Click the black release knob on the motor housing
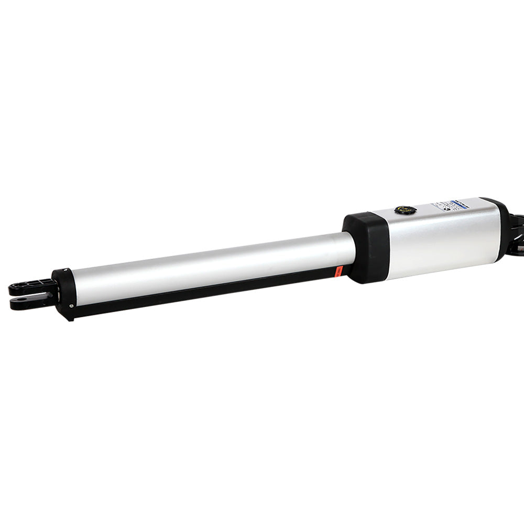[405, 211]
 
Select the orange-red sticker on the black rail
[339, 271]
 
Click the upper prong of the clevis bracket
[31, 286]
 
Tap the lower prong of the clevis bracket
[31, 303]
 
